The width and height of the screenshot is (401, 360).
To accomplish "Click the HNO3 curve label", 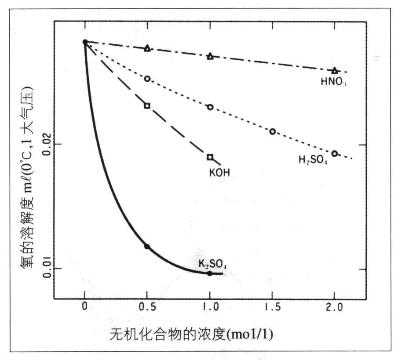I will point(334,81).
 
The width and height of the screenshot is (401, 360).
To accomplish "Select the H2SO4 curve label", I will point(314,160).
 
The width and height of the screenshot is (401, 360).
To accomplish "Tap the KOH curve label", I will point(219,172).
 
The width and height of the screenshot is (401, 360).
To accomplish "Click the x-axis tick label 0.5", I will point(147,309).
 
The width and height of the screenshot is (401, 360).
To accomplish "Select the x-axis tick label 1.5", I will point(273,309).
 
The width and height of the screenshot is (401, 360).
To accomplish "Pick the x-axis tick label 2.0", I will point(335,309).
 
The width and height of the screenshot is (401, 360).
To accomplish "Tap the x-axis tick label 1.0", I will point(210,309).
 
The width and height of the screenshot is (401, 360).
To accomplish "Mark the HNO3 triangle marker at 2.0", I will point(335,70).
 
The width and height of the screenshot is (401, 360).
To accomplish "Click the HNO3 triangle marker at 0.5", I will point(147,48).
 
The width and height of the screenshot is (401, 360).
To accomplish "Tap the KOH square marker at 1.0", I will point(210,157).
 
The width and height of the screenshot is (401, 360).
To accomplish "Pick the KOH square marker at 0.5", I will point(147,105).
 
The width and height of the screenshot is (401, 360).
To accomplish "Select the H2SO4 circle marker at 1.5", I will point(273,131).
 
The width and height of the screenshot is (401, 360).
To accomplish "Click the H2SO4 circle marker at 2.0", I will point(335,153).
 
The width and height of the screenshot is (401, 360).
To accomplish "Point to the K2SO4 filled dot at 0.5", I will point(147,247).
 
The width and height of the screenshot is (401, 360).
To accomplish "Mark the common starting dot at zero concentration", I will point(85,42).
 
